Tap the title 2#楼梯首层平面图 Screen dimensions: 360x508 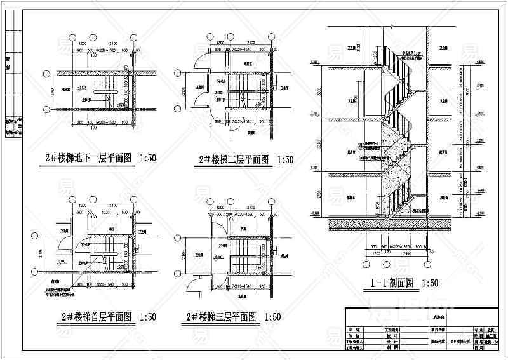coord(95,316)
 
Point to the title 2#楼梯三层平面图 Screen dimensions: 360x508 coord(218,316)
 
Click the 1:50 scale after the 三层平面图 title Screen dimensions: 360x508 coord(272,316)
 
